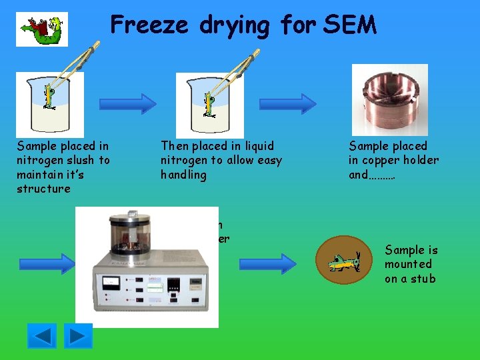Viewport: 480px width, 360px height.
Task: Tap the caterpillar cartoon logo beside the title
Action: coord(42,29)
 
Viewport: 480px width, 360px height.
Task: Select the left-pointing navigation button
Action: coord(42,335)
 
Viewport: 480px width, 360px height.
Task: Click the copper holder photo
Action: coord(390,100)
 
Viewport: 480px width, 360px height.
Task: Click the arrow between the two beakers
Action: coord(128,103)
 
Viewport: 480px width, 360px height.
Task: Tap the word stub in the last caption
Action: coord(423,278)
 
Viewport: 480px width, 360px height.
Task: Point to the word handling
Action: coord(183,175)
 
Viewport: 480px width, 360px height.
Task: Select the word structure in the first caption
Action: coord(43,189)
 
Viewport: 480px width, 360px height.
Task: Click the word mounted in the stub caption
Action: coord(408,264)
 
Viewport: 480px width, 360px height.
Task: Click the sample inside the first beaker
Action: coord(49,100)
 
